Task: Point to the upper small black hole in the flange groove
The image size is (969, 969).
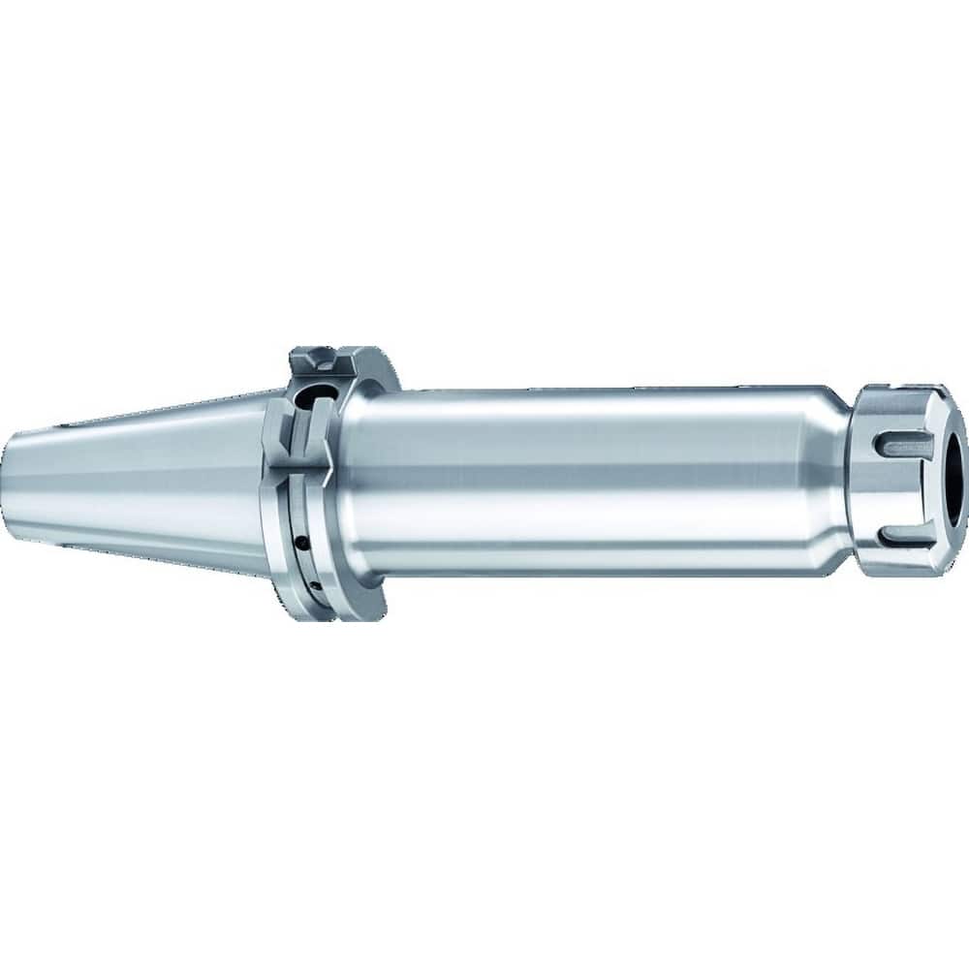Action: tap(303, 515)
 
